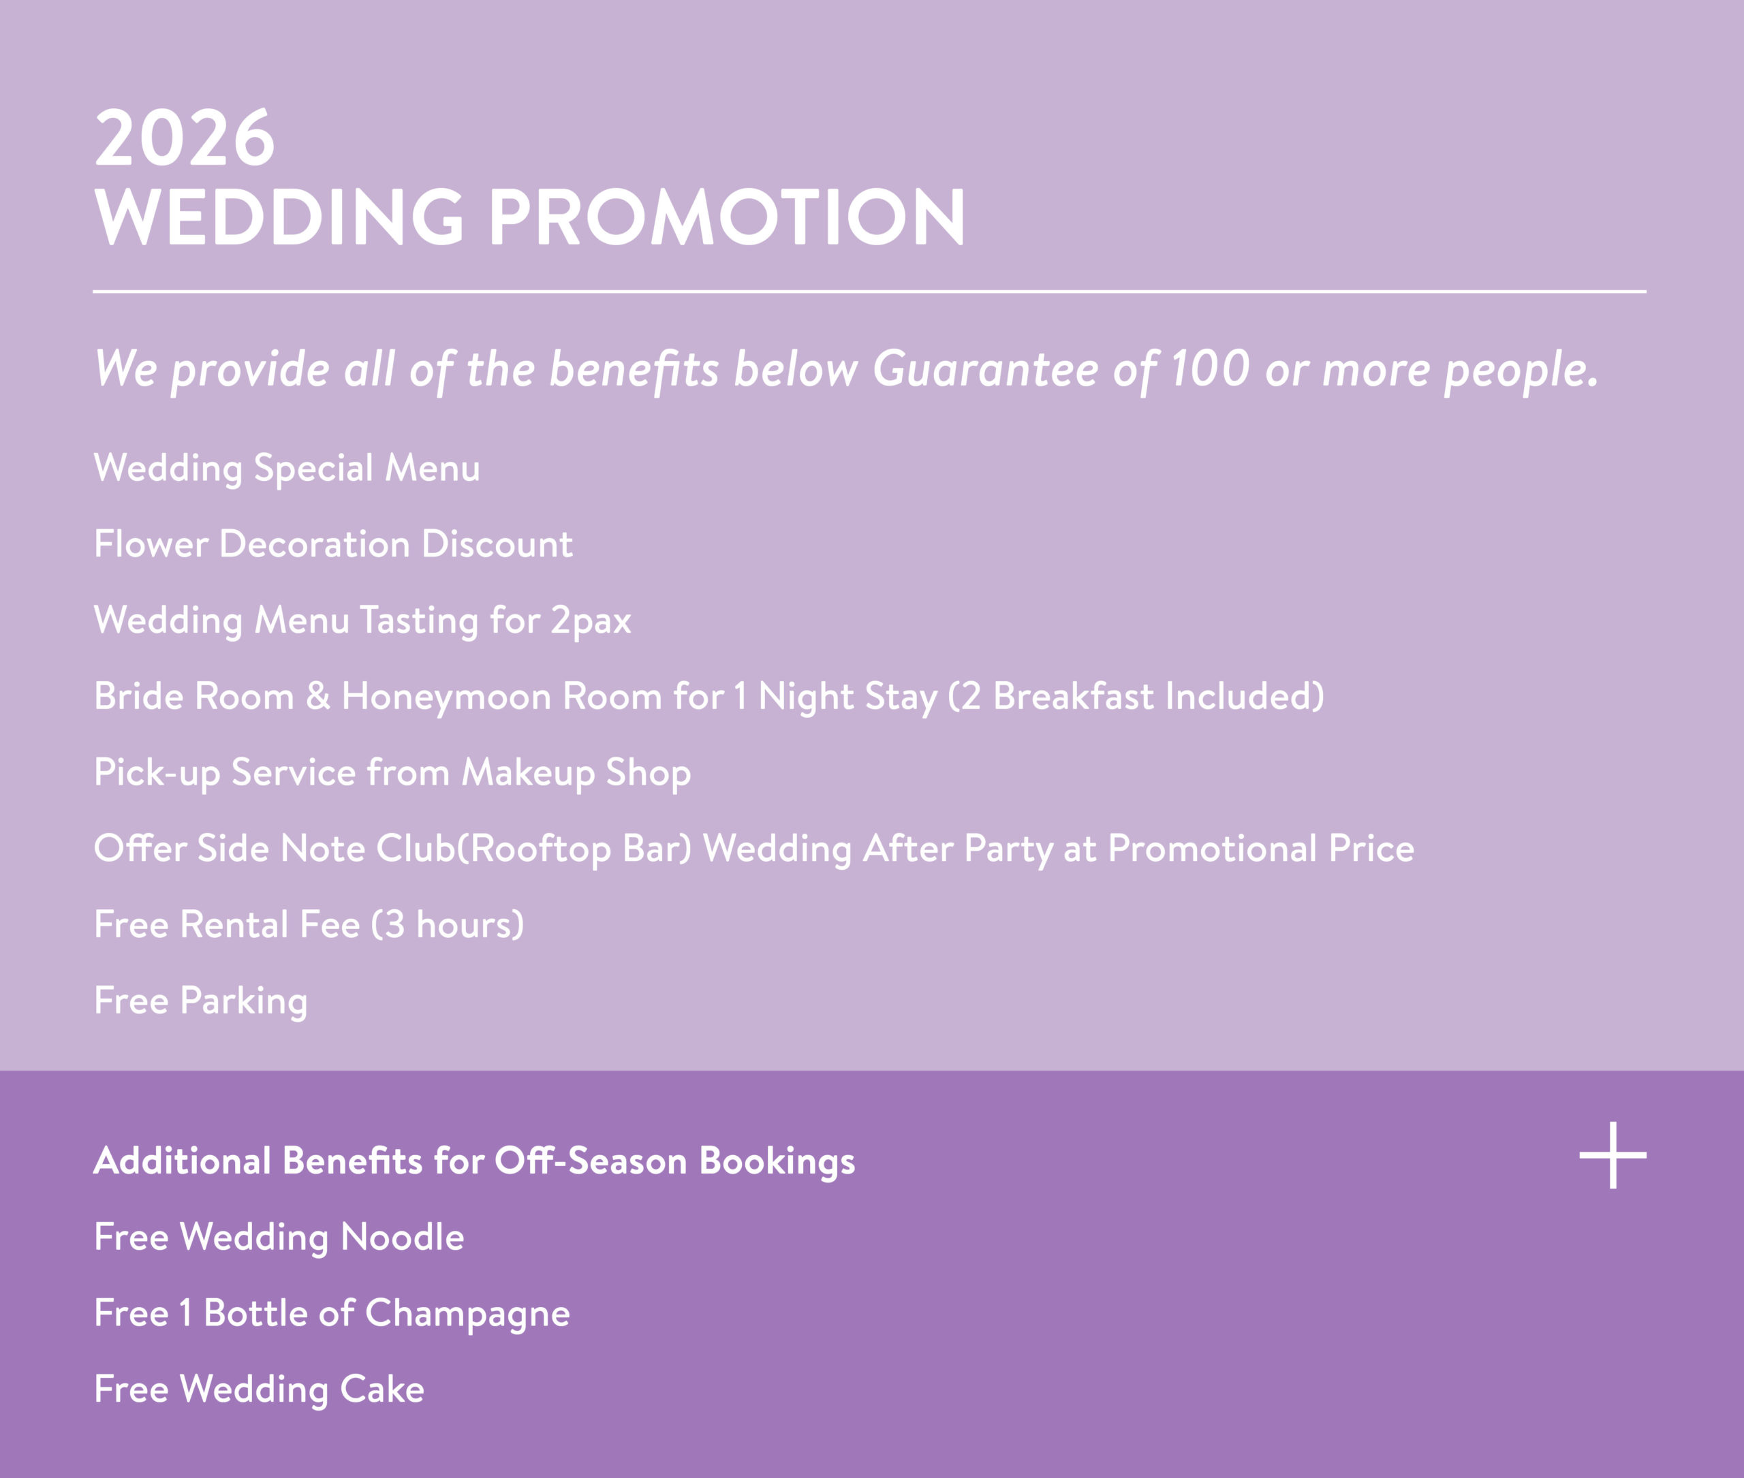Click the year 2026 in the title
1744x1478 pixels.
[185, 138]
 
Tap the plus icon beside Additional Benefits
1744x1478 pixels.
[1613, 1155]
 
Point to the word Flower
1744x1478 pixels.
[151, 544]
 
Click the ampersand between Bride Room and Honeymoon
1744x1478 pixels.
[317, 696]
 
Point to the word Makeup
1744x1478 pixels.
[528, 773]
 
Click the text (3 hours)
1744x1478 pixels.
[448, 925]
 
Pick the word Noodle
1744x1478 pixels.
[402, 1238]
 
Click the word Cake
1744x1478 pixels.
[382, 1390]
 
